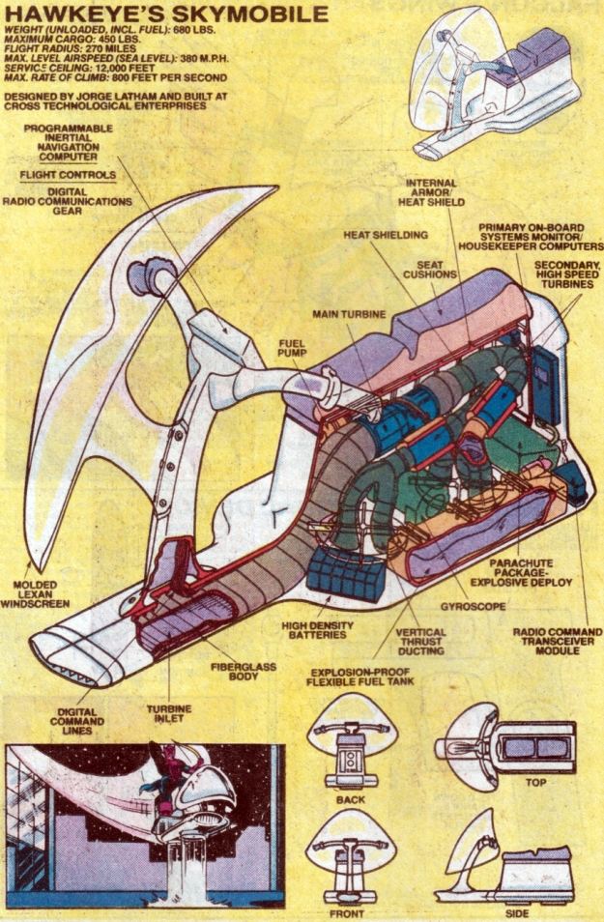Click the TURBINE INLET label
pyautogui.click(x=169, y=714)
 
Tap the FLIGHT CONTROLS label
pyautogui.click(x=68, y=175)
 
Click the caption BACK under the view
pyautogui.click(x=352, y=800)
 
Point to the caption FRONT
pyautogui.click(x=351, y=910)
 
